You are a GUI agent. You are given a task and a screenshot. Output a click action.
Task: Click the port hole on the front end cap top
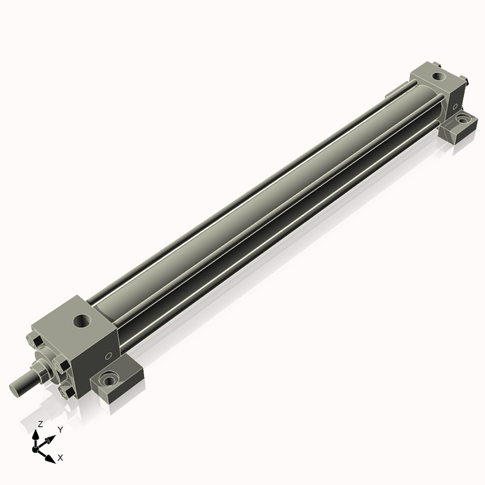(x=82, y=321)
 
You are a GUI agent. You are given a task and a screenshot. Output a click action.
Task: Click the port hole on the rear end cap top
(x=438, y=75)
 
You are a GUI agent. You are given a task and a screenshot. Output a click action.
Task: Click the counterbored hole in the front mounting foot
(x=109, y=379)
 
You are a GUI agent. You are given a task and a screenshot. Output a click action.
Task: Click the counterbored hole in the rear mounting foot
(x=462, y=118)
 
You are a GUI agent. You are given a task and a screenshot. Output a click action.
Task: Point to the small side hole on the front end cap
(x=108, y=356)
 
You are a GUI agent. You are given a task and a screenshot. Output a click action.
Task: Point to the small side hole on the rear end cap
(x=455, y=107)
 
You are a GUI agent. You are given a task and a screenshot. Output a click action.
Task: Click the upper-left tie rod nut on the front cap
(x=35, y=341)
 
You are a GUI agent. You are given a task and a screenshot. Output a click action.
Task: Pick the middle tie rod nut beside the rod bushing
(x=61, y=364)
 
